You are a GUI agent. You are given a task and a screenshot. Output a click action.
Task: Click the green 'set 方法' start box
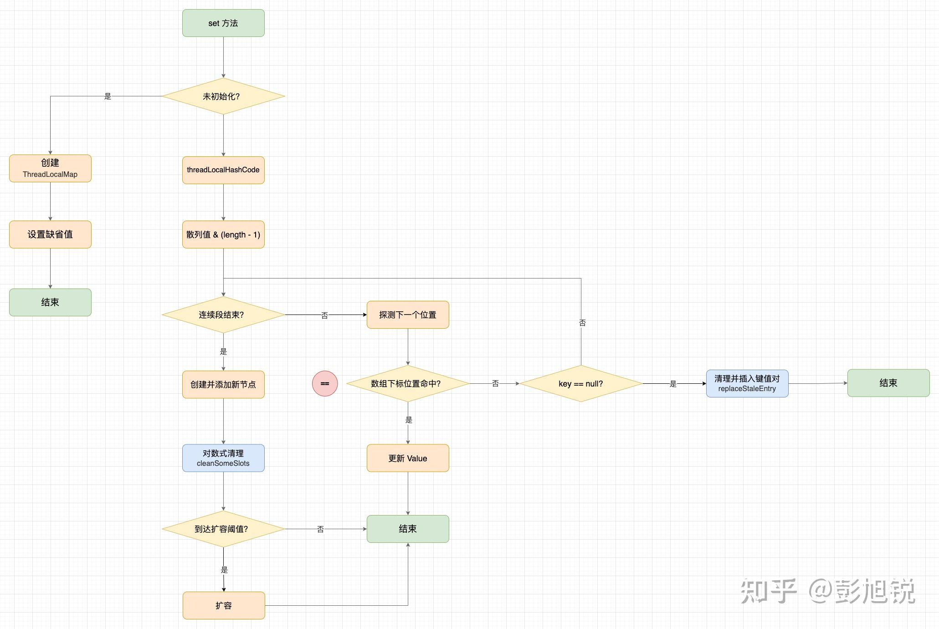pyautogui.click(x=223, y=23)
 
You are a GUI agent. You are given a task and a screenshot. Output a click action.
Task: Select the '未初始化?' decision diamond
pyautogui.click(x=223, y=96)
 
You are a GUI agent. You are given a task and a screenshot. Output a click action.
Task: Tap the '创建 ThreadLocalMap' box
pyautogui.click(x=50, y=168)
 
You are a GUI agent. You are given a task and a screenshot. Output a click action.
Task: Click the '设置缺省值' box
pyautogui.click(x=50, y=234)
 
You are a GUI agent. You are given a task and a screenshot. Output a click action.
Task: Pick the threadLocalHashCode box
pyautogui.click(x=223, y=170)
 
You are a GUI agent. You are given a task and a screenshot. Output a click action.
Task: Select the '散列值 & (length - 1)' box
pyautogui.click(x=223, y=234)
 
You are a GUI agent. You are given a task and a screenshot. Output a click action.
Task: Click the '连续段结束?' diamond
pyautogui.click(x=223, y=314)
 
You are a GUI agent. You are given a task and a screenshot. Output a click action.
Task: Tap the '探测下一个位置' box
pyautogui.click(x=408, y=314)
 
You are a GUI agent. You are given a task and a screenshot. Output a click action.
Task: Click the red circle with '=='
pyautogui.click(x=325, y=384)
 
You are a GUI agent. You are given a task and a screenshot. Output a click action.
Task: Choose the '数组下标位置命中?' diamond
pyautogui.click(x=408, y=384)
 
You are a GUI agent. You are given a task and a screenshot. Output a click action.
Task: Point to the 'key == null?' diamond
pyautogui.click(x=581, y=384)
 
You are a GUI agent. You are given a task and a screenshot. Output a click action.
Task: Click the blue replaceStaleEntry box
pyautogui.click(x=747, y=383)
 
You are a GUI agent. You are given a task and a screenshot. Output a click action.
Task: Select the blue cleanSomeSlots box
pyautogui.click(x=223, y=458)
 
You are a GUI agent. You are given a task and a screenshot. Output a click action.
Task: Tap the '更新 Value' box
pyautogui.click(x=408, y=458)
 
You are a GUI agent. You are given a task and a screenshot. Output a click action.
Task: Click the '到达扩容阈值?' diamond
pyautogui.click(x=223, y=529)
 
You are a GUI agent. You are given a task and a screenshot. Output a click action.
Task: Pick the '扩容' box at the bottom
pyautogui.click(x=224, y=605)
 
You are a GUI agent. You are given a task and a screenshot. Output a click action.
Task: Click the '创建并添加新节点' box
pyautogui.click(x=223, y=384)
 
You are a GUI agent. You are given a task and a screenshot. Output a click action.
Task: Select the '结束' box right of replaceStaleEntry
pyautogui.click(x=888, y=383)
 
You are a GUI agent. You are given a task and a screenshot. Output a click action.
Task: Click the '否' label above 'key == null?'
pyautogui.click(x=582, y=323)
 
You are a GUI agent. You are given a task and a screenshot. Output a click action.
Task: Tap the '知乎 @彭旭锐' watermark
pyautogui.click(x=827, y=591)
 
